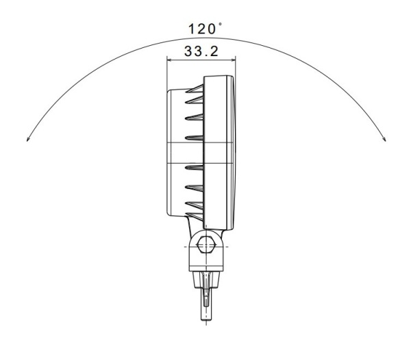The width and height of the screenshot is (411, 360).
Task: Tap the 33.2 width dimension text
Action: click(200, 51)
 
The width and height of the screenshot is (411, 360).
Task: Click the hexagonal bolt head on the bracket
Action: click(205, 245)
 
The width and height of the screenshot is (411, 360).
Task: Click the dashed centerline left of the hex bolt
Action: click(188, 245)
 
